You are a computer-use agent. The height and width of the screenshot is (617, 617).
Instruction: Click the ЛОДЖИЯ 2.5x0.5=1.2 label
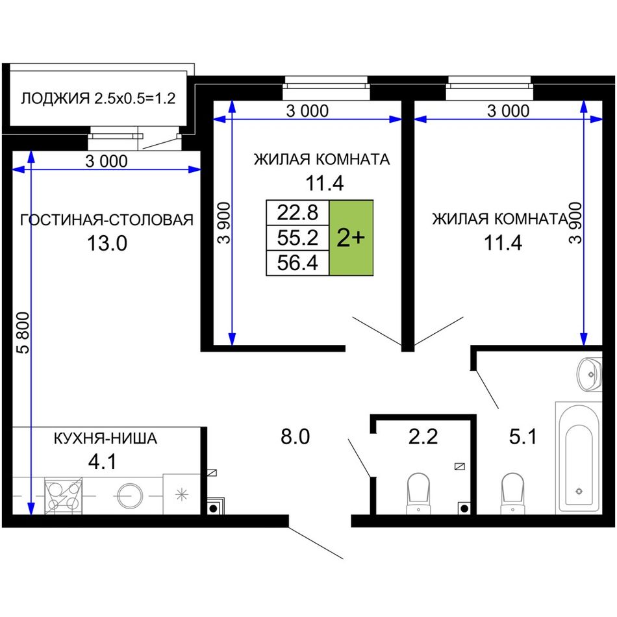coord(98,98)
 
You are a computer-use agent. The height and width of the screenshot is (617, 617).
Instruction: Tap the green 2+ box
coord(351,238)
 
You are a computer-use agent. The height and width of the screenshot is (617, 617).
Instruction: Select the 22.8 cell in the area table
coord(297,212)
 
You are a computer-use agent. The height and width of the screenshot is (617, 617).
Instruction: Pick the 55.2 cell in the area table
coord(297,238)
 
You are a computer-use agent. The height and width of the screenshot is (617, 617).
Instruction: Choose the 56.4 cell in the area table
coord(297,262)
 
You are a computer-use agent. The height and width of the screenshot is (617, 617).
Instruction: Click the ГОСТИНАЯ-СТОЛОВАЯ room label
coord(107,220)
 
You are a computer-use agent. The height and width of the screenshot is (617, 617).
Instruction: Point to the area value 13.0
coord(107,243)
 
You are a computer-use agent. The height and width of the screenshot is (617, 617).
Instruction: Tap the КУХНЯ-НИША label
coord(105,438)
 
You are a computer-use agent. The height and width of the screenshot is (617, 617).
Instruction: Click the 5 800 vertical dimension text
coord(24,333)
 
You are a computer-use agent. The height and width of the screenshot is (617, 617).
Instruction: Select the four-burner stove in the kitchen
coord(64,496)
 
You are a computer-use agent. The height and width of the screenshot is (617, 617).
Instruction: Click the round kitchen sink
coord(129,496)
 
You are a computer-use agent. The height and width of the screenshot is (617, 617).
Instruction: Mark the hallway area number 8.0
coord(295,436)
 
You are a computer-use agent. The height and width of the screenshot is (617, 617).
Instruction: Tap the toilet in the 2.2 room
coord(418,494)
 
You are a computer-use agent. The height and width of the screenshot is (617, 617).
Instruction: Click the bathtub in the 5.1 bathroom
coord(579,458)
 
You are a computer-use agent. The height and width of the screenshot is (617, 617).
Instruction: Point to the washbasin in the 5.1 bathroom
coord(590,375)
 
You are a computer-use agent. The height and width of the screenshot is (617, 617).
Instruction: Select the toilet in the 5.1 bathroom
coord(512,494)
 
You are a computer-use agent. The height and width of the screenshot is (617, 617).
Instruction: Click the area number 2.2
coord(423,436)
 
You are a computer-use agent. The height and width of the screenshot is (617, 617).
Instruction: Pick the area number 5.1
coord(523,436)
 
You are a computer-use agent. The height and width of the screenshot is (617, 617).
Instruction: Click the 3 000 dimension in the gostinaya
coord(107,161)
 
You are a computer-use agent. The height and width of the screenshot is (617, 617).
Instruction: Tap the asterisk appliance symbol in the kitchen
coord(182,495)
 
